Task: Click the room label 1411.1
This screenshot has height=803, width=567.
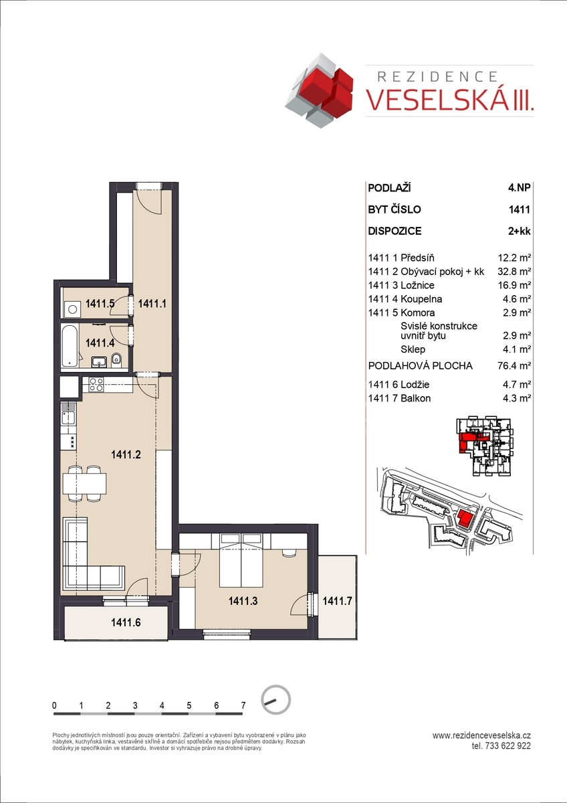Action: click(x=152, y=304)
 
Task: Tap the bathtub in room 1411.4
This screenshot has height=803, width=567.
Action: click(x=70, y=346)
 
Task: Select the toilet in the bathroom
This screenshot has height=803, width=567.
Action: click(x=116, y=360)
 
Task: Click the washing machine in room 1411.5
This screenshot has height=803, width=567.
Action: click(x=72, y=309)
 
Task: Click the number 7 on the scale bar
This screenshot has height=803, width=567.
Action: click(x=243, y=705)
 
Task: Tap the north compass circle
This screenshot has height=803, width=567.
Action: click(x=275, y=700)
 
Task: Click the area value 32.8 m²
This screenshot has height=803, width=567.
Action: click(x=514, y=272)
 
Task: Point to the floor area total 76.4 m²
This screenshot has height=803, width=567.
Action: click(x=514, y=365)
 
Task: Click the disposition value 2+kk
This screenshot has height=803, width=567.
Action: click(x=519, y=231)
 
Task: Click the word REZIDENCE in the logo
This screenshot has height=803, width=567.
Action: click(x=438, y=76)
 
